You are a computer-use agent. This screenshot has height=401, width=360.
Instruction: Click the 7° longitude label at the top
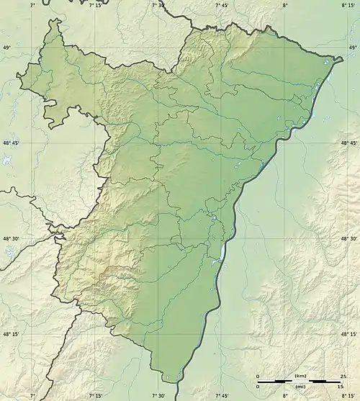click(x=33, y=5)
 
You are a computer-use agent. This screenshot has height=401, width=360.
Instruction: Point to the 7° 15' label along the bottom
click(x=96, y=396)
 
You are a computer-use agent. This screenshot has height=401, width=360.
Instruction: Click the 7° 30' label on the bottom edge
click(x=159, y=396)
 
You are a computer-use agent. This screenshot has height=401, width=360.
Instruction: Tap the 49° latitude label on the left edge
click(x=8, y=48)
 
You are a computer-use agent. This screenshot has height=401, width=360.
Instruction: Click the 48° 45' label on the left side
click(x=11, y=143)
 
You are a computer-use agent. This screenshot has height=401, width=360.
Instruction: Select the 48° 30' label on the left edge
click(x=11, y=239)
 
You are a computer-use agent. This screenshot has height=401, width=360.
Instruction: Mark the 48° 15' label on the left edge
click(x=11, y=334)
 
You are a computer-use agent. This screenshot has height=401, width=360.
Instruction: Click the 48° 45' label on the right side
click(x=348, y=143)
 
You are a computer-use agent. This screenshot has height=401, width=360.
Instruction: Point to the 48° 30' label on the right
click(x=348, y=239)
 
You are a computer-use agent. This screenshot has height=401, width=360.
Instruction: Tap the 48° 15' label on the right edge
click(x=348, y=334)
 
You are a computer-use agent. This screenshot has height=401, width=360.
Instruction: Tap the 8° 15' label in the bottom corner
click(x=346, y=396)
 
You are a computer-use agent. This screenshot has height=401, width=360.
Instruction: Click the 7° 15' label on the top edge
click(x=96, y=5)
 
